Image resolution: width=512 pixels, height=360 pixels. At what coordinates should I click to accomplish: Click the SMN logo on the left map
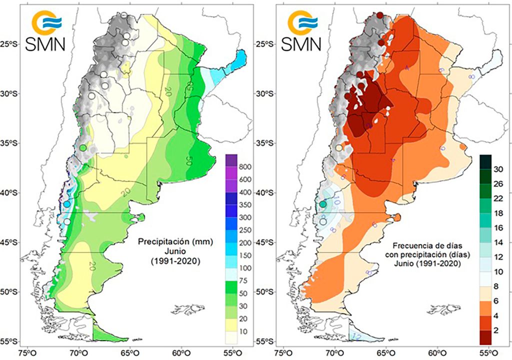pos(47,31)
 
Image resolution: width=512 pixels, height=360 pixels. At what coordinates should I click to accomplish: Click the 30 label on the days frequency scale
pos(498,169)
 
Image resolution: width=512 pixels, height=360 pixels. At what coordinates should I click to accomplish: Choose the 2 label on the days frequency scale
pos(496,330)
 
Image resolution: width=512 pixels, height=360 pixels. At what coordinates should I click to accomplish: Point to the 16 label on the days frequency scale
pos(498,227)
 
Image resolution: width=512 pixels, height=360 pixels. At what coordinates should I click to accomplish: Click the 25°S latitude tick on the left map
pos(10,44)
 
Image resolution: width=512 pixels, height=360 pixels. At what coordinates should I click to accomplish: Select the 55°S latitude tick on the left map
pos(10,341)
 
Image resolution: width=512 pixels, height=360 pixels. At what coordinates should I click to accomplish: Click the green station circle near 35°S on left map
pos(83,148)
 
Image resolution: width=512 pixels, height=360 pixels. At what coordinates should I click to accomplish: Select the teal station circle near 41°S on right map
pos(323,203)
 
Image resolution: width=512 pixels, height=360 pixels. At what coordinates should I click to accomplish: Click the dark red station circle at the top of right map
pos(380,15)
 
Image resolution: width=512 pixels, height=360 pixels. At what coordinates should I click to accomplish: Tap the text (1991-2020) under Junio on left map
pos(176,260)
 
